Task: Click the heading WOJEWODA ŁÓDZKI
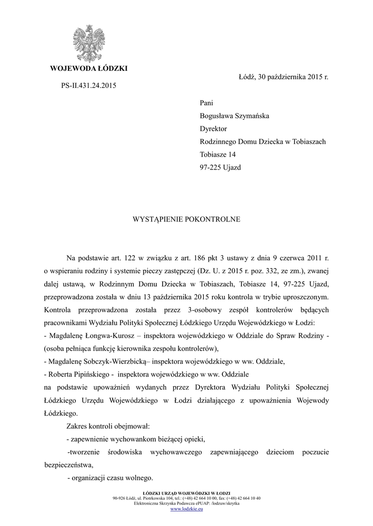pyautogui.click(x=88, y=69)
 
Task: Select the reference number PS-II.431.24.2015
pyautogui.click(x=85, y=85)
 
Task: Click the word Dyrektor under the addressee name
pyautogui.click(x=213, y=128)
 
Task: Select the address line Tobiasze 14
pyautogui.click(x=218, y=154)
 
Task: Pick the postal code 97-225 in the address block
pyautogui.click(x=211, y=167)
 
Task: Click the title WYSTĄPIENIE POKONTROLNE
pyautogui.click(x=187, y=219)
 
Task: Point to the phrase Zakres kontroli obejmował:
pyautogui.click(x=108, y=426)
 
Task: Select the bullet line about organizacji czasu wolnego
pyautogui.click(x=110, y=477)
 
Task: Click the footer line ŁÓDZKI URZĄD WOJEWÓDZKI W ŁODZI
pyautogui.click(x=186, y=493)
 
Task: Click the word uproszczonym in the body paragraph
pyautogui.click(x=303, y=297)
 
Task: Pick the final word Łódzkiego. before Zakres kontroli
pyautogui.click(x=62, y=413)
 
